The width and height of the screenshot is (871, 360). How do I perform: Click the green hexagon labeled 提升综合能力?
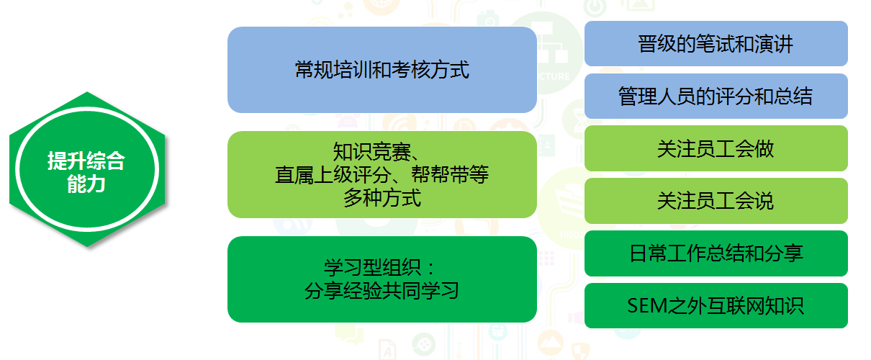click(87, 169)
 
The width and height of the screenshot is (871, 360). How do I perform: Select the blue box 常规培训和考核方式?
click(382, 70)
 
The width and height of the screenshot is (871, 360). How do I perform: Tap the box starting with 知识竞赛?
click(382, 174)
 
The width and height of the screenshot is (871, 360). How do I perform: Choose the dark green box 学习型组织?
click(382, 279)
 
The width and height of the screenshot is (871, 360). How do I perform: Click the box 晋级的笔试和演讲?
click(716, 43)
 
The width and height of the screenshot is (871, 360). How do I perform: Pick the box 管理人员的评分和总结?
click(716, 96)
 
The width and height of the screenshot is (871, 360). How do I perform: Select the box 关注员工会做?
click(716, 148)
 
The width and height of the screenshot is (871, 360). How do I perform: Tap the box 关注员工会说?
click(716, 201)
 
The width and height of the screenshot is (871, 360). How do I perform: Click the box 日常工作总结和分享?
click(716, 253)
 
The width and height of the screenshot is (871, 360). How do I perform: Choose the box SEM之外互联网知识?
click(716, 305)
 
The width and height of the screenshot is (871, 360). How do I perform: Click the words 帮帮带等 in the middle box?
click(450, 174)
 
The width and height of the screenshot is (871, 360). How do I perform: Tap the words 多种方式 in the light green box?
click(382, 198)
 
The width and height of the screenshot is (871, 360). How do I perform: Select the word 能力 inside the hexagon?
click(86, 184)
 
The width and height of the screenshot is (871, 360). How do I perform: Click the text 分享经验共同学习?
click(382, 291)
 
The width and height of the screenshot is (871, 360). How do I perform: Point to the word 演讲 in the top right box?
click(774, 44)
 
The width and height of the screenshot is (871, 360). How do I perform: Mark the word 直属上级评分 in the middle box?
click(333, 174)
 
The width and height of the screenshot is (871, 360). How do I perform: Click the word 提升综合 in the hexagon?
click(86, 161)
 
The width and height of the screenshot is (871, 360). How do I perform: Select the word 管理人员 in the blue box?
click(657, 96)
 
